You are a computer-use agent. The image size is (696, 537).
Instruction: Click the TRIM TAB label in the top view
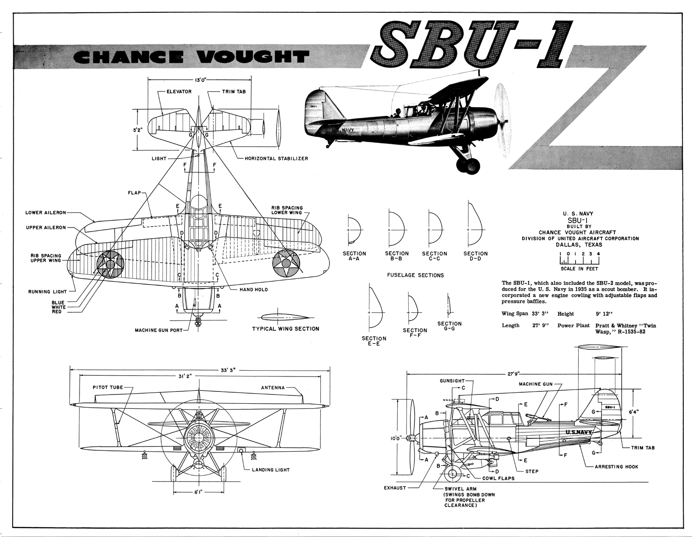click(x=233, y=91)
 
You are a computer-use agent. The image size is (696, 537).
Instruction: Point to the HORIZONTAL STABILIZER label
click(x=276, y=158)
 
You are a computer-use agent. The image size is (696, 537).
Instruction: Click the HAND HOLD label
click(x=253, y=290)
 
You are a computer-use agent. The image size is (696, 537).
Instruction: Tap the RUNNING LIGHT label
click(x=47, y=292)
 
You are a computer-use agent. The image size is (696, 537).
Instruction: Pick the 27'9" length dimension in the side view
click(x=511, y=374)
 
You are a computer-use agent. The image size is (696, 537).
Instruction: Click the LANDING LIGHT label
click(x=271, y=470)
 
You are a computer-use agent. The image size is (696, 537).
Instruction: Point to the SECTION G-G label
click(x=449, y=326)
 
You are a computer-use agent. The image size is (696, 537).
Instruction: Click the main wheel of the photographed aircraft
click(x=468, y=165)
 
